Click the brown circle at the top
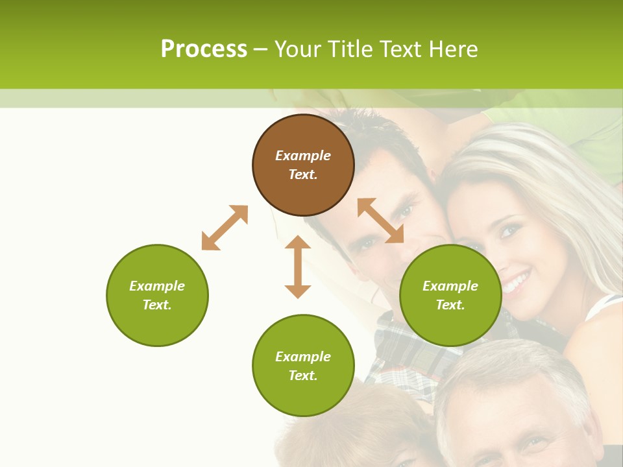tap(303, 165)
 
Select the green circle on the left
tap(157, 295)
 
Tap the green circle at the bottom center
tap(303, 366)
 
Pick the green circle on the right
tap(450, 295)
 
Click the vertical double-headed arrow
tap(298, 267)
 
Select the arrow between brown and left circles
tap(225, 228)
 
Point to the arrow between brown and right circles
tap(380, 221)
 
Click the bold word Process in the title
tap(204, 49)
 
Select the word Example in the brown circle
tap(303, 156)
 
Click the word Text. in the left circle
tap(157, 305)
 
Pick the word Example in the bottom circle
tap(303, 357)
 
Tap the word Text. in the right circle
tap(450, 305)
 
